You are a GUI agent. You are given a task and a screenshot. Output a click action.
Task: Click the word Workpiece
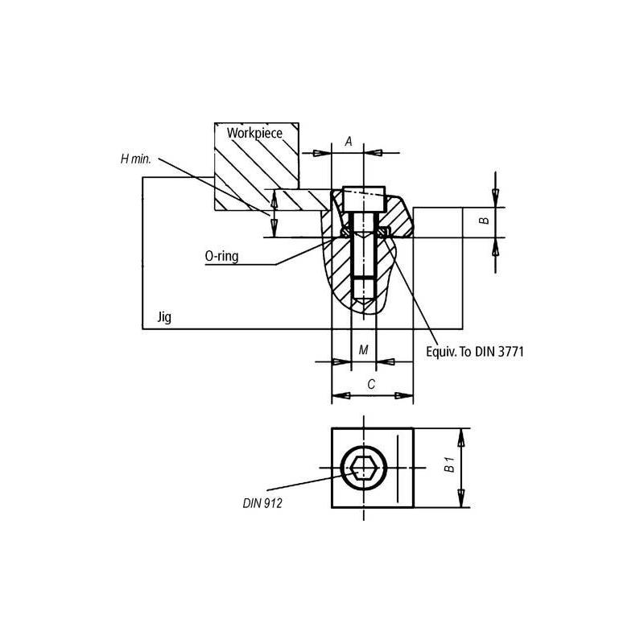(x=254, y=133)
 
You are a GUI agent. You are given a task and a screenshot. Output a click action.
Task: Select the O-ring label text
(x=221, y=256)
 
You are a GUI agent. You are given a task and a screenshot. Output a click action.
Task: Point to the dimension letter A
(x=349, y=141)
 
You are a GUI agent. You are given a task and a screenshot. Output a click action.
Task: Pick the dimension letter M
(x=363, y=350)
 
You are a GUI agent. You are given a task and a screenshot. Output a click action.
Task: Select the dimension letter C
(x=370, y=385)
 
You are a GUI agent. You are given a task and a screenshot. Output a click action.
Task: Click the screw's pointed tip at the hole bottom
(x=364, y=304)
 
